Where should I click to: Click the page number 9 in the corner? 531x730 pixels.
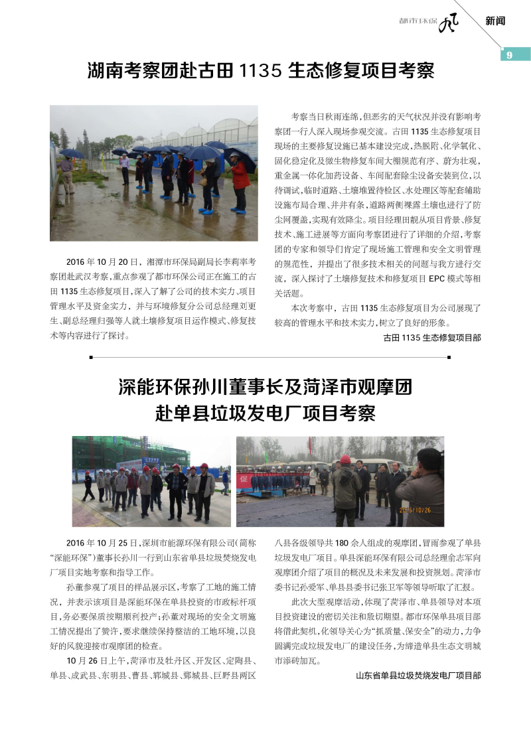(509, 55)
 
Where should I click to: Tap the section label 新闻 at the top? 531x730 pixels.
(495, 21)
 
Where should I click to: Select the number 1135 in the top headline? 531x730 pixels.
(262, 72)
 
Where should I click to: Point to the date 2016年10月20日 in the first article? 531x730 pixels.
(102, 261)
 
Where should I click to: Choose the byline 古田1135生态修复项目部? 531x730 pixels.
(432, 338)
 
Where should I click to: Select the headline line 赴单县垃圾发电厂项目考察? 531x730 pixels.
(265, 413)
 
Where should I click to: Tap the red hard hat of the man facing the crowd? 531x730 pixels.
(345, 459)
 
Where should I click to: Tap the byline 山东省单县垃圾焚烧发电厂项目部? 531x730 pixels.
(418, 676)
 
